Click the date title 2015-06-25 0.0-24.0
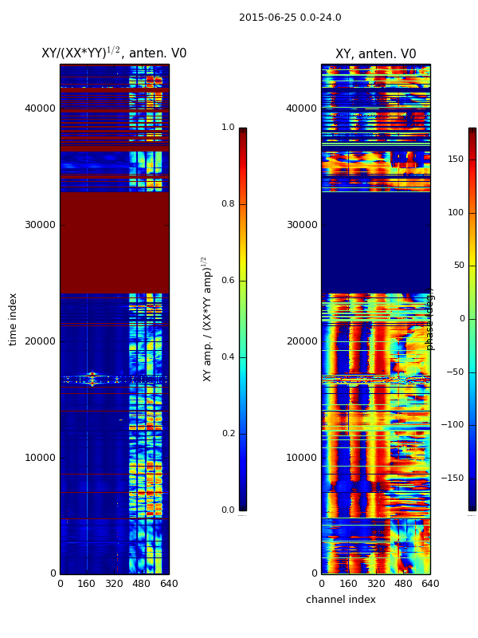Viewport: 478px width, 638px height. pos(290,18)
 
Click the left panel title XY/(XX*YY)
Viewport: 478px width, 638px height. pos(114,53)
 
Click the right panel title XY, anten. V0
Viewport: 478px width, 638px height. pos(375,54)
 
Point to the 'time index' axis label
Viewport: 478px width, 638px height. pos(13,318)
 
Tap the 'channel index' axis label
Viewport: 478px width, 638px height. pos(340,600)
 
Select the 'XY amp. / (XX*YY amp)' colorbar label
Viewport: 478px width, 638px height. pos(207,318)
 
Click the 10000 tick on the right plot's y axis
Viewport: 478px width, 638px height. pos(301,458)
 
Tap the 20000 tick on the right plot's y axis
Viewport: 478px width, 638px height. pos(301,341)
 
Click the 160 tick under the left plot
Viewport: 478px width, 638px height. pos(87,584)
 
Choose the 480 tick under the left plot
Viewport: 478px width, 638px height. pos(141,584)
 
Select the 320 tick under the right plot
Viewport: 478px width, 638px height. pos(375,584)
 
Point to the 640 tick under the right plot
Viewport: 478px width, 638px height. pos(430,584)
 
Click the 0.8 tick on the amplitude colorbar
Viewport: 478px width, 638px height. pos(228,204)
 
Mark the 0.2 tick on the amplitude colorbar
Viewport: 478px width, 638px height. pos(228,434)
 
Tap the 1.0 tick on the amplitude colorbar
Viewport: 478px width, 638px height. pos(228,128)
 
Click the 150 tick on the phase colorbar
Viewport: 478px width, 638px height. pos(455,159)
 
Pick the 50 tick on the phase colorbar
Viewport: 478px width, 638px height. pos(457,266)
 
